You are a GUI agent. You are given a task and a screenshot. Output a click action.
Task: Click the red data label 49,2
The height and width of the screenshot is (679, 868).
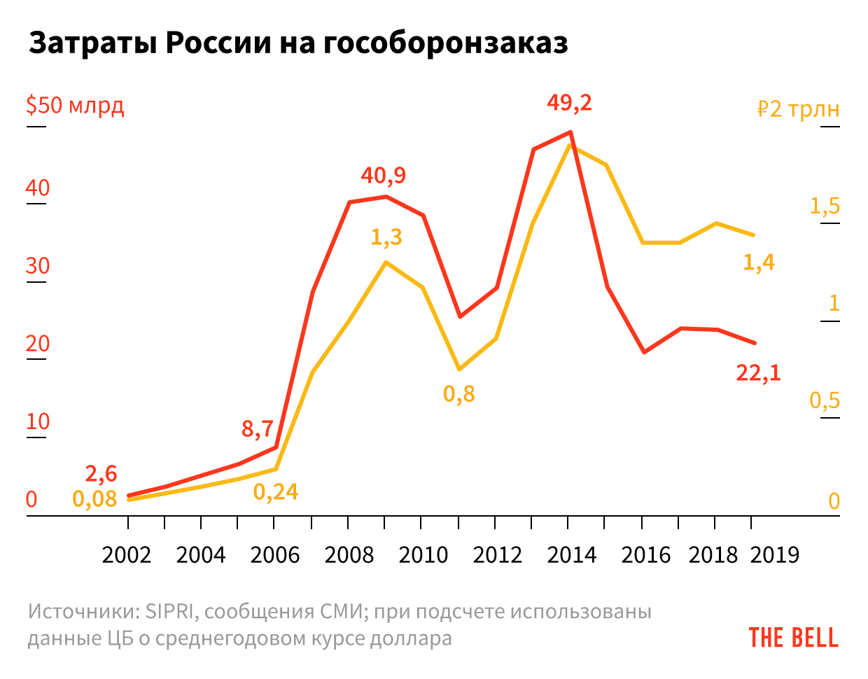coord(569,104)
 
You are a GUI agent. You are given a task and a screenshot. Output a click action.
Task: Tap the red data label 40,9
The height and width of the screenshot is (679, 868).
coord(383,175)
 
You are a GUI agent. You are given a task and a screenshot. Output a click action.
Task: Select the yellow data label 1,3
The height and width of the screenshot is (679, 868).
coord(386,237)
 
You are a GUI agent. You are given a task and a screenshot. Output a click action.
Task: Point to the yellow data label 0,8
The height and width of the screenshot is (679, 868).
coord(459,394)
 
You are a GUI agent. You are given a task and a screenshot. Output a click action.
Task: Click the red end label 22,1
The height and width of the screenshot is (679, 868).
coord(758,373)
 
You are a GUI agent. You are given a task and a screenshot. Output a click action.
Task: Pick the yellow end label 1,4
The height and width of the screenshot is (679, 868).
coord(759,262)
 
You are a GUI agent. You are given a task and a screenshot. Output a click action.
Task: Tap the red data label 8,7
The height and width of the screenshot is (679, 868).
coord(258,428)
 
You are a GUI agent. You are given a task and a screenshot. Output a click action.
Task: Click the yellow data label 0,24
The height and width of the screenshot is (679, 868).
coord(276,492)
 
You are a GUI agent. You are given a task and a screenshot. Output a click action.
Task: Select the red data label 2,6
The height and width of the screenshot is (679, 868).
coord(101,474)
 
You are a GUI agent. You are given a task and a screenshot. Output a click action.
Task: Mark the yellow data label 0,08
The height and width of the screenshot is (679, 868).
coord(94,499)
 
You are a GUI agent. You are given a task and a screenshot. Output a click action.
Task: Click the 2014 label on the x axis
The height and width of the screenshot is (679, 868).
coord(572,555)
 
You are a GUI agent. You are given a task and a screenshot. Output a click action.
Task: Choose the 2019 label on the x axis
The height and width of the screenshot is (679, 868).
coord(774,555)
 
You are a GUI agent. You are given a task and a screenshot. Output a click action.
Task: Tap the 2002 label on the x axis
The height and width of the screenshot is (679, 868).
coord(127,555)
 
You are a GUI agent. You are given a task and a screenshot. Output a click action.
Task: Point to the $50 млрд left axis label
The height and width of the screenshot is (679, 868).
coord(75,106)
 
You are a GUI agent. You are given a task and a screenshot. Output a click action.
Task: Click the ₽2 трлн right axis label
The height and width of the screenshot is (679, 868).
coord(798,109)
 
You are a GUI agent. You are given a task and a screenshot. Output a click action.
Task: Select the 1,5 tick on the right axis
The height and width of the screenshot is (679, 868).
coord(825,206)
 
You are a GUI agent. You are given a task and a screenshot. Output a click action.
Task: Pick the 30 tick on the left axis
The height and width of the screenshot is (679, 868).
coord(38,266)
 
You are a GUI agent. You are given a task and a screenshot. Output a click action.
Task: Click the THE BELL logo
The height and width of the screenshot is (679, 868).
coord(793,638)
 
